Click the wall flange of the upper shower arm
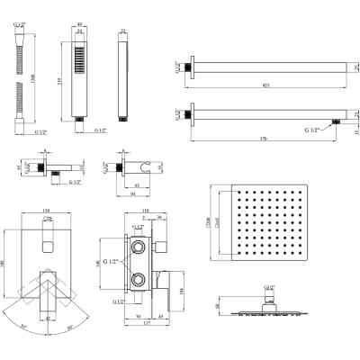point(190,66)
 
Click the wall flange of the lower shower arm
point(190,115)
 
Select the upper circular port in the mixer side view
point(139,245)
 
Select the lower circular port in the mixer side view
point(139,280)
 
